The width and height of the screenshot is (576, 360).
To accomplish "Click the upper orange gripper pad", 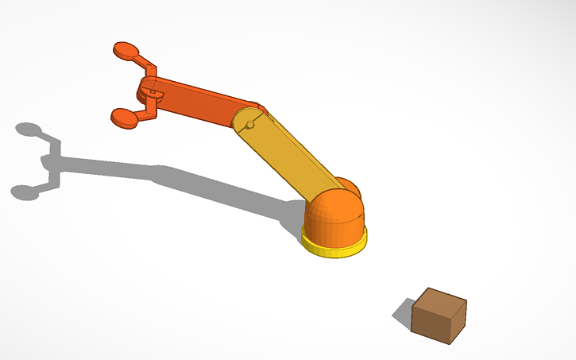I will tap(126, 51).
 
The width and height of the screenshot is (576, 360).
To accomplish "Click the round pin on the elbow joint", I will tap(249, 125).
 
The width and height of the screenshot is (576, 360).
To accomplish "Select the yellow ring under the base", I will tap(334, 245).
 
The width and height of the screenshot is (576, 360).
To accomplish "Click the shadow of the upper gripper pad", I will tap(29, 129).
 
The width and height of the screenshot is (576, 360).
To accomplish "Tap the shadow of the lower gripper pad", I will tap(24, 192).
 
